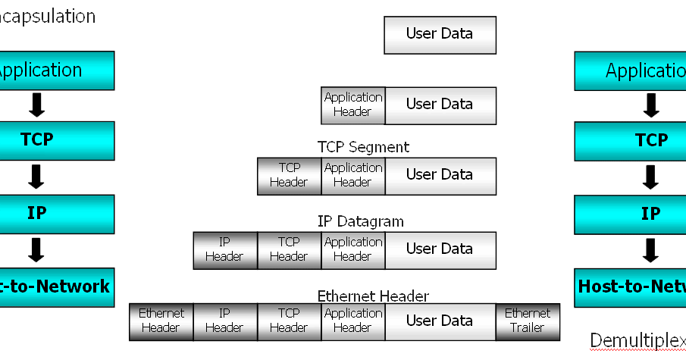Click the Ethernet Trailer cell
pyautogui.click(x=528, y=321)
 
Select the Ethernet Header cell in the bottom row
pyautogui.click(x=161, y=321)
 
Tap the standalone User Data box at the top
pyautogui.click(x=440, y=34)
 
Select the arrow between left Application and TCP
pyautogui.click(x=36, y=105)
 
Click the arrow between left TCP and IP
pyautogui.click(x=36, y=177)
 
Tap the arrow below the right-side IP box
pyautogui.click(x=650, y=249)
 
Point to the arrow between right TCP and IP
pyautogui.click(x=650, y=177)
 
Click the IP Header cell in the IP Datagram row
pyautogui.click(x=224, y=249)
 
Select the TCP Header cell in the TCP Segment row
pyautogui.click(x=289, y=175)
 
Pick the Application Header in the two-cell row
pyautogui.click(x=353, y=105)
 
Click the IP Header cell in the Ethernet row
pyautogui.click(x=224, y=321)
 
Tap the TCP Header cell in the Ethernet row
pyautogui.click(x=289, y=321)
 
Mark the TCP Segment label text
pyautogui.click(x=363, y=147)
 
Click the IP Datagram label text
pyautogui.click(x=360, y=221)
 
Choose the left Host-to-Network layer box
pyautogui.click(x=57, y=286)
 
